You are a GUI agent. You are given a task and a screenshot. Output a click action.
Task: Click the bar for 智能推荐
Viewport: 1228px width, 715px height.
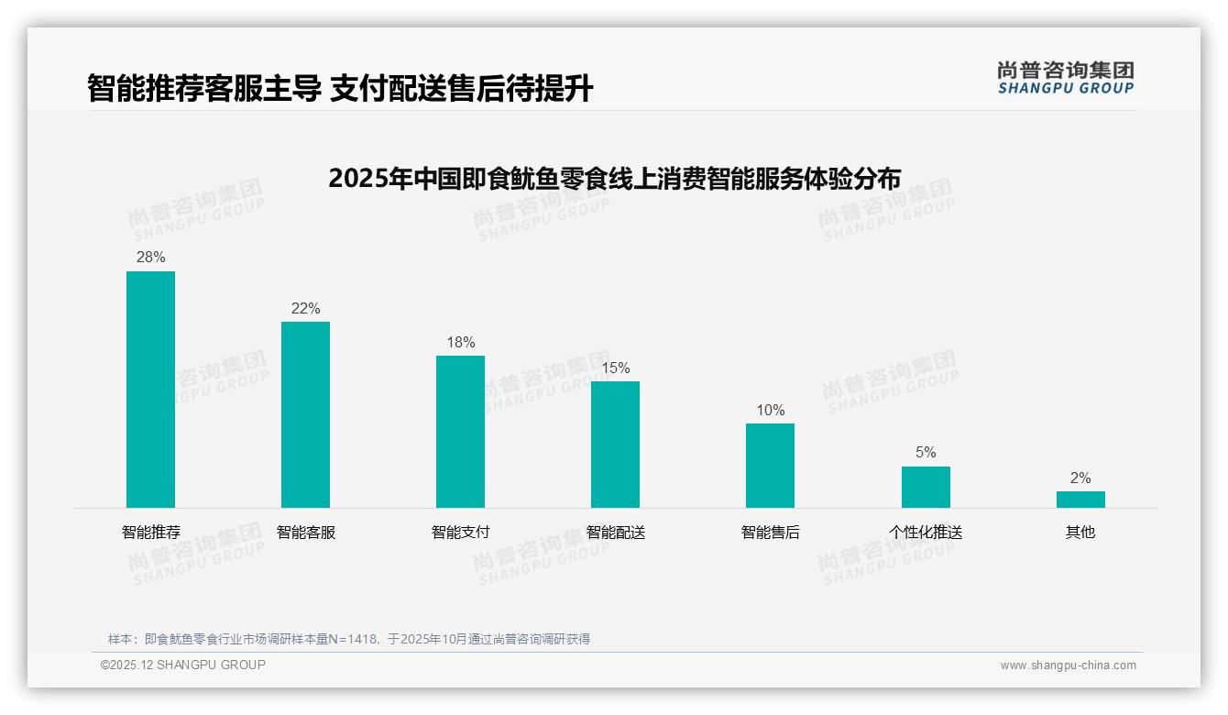(x=150, y=390)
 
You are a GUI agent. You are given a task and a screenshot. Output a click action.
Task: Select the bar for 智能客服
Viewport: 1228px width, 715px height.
(x=305, y=414)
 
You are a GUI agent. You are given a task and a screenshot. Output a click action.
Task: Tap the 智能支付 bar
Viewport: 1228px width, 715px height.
(x=460, y=432)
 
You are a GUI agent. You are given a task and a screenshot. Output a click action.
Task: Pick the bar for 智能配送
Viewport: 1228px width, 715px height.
(x=615, y=445)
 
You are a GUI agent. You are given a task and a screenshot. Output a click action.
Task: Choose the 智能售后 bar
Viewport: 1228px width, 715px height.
(x=770, y=466)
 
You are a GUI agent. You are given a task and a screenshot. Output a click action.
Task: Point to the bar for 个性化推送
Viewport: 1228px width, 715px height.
(x=926, y=487)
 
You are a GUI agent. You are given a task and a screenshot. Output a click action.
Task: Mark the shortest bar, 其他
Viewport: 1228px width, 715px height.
(x=1080, y=500)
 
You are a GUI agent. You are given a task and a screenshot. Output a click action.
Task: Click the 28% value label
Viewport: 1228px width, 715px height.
(x=150, y=258)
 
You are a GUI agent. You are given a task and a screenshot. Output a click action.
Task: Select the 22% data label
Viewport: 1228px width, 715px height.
(x=305, y=309)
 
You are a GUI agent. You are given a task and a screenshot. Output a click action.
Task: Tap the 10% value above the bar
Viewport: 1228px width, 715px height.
(x=770, y=411)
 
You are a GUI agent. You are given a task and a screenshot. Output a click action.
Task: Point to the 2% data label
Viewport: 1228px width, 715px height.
(x=1080, y=478)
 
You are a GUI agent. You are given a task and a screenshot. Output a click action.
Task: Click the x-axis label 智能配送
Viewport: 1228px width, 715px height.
(x=615, y=533)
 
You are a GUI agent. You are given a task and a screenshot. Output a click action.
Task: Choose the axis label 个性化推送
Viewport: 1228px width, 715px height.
(x=926, y=533)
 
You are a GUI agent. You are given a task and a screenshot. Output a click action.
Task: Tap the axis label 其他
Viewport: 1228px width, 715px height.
(x=1080, y=533)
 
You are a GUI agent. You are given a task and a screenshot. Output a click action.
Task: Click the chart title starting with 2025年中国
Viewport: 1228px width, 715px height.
(x=614, y=178)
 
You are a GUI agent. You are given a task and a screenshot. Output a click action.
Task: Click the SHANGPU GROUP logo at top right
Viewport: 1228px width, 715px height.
(x=1065, y=78)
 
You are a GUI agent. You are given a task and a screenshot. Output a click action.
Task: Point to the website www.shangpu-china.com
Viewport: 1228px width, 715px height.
(x=1068, y=665)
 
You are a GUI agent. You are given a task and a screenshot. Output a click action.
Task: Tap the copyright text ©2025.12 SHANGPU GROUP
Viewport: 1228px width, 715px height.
(x=182, y=665)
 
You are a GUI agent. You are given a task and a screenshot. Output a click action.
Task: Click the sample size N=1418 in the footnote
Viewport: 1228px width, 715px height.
(x=352, y=639)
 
